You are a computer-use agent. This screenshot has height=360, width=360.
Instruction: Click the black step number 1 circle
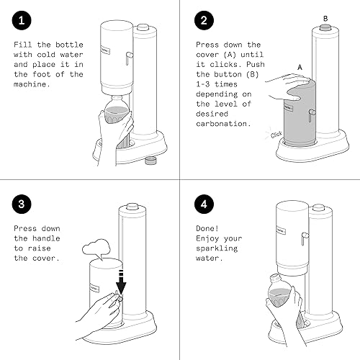pos(22,20)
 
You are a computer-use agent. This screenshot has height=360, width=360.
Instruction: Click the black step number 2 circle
pos(204,20)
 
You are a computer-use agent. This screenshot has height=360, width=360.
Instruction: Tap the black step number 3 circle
pos(22,204)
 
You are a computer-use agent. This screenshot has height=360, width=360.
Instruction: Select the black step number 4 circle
pos(204,204)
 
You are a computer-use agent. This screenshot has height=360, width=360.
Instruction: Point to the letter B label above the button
pos(325,19)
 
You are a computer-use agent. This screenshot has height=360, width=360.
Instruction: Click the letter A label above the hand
pos(300,68)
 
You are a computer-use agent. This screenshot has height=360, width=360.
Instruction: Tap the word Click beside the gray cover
pos(276,135)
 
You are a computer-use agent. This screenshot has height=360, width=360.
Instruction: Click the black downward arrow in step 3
pos(121,282)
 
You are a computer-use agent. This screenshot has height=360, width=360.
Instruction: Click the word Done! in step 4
pos(207,228)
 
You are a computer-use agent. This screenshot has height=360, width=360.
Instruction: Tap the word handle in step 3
pos(46,238)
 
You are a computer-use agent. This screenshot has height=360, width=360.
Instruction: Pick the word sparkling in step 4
pos(217,248)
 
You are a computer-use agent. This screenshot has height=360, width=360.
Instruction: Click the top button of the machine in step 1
pos(143,27)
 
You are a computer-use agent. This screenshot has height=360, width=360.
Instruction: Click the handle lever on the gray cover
pos(312,115)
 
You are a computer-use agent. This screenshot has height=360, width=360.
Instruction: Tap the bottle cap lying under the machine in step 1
pos(150,160)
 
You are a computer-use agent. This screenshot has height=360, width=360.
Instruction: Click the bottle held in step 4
pos(280,291)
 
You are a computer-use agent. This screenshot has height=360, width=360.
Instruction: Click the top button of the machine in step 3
pos(132,207)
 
